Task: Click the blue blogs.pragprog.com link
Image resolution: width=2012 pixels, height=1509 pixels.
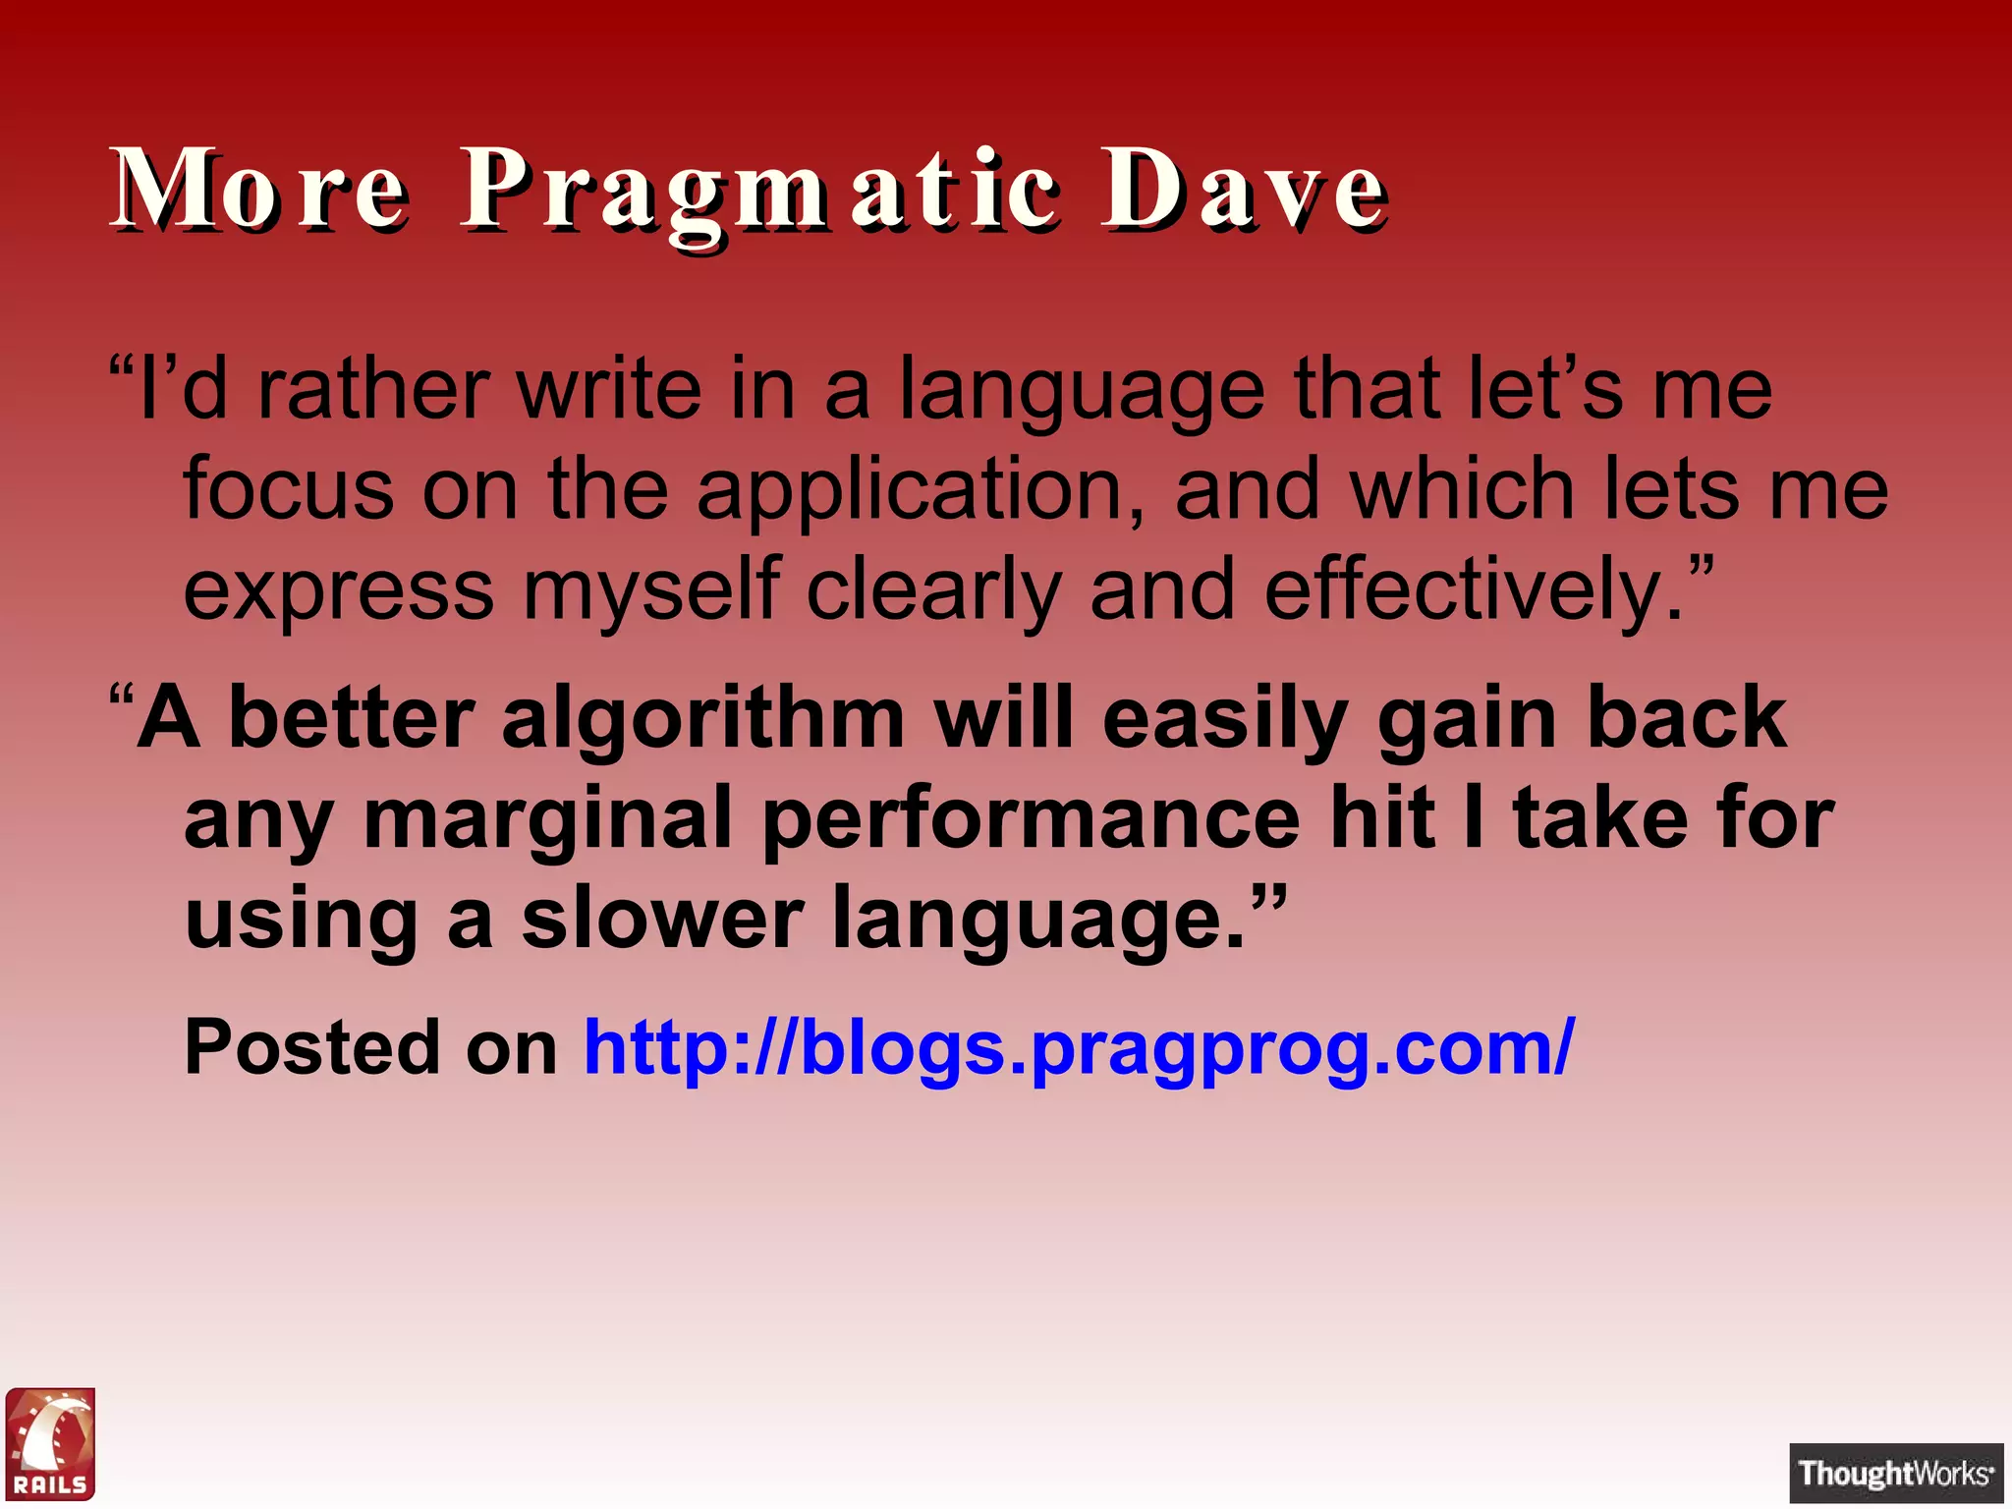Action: [1079, 1047]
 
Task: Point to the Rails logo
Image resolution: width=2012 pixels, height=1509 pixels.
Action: [50, 1443]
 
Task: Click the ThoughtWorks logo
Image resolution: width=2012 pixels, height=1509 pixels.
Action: [1895, 1473]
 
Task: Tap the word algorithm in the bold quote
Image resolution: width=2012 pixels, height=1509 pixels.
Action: [702, 719]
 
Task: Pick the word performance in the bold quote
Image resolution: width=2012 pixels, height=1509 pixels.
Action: [1031, 818]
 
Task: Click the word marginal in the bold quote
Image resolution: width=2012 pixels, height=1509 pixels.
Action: [547, 818]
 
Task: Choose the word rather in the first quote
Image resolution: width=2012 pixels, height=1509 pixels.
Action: [372, 390]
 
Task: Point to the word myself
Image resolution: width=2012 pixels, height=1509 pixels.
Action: [651, 590]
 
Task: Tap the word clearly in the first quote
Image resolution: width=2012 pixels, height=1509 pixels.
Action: [933, 590]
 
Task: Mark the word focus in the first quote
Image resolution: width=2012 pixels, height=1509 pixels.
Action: [289, 490]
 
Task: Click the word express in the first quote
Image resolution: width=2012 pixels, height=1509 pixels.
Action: [339, 592]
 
